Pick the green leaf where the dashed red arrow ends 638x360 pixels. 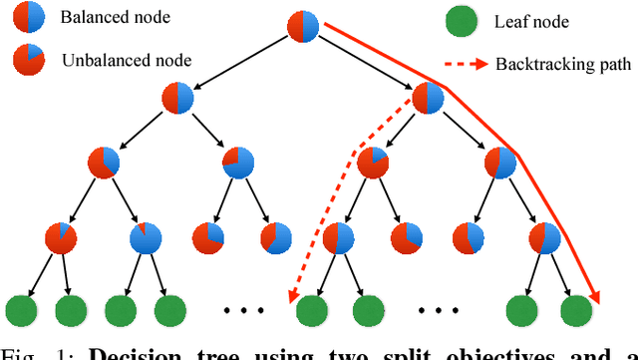pos(311,309)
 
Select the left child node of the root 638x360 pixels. pos(179,98)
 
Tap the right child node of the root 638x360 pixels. pos(427,98)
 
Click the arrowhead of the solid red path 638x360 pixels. pos(596,295)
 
